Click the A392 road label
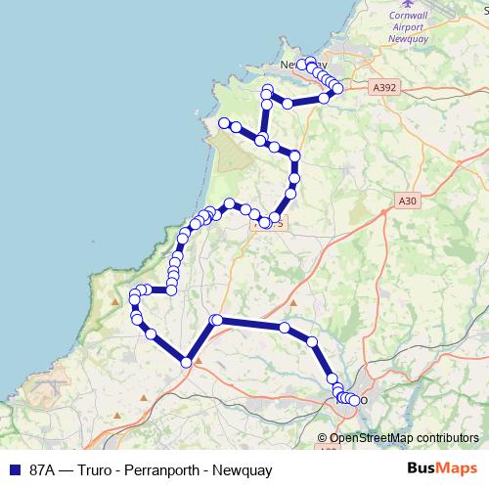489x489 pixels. click(385, 87)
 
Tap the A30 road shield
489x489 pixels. click(408, 200)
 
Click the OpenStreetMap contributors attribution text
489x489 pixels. click(404, 439)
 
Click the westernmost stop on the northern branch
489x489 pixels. click(224, 123)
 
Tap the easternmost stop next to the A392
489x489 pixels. click(338, 89)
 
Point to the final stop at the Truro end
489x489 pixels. click(354, 400)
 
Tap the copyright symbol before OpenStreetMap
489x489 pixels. click(323, 439)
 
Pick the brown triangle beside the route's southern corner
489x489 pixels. click(199, 360)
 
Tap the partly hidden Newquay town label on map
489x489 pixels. click(293, 65)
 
